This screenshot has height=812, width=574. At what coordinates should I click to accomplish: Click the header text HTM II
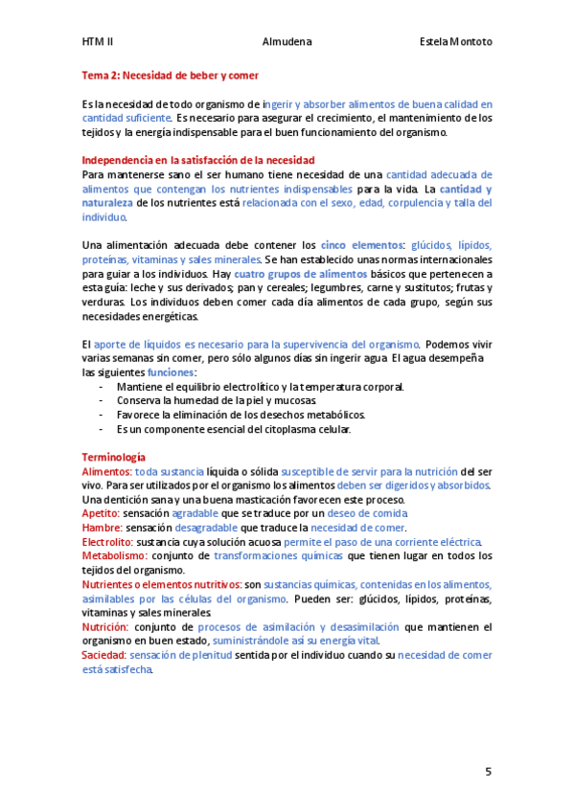pyautogui.click(x=98, y=42)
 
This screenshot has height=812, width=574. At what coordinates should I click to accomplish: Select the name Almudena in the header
pyautogui.click(x=286, y=42)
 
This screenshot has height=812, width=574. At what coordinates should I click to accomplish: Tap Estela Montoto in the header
pyautogui.click(x=456, y=42)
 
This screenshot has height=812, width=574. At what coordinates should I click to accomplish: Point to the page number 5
pyautogui.click(x=488, y=771)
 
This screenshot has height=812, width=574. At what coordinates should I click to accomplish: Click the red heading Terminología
pyautogui.click(x=114, y=458)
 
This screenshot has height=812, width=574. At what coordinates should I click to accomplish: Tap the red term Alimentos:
pyautogui.click(x=106, y=472)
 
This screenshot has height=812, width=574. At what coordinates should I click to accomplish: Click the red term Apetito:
pyautogui.click(x=101, y=513)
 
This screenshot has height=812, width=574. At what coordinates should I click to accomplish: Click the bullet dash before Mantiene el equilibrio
pyautogui.click(x=102, y=387)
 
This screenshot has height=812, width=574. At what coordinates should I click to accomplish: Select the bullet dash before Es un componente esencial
pyautogui.click(x=102, y=429)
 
